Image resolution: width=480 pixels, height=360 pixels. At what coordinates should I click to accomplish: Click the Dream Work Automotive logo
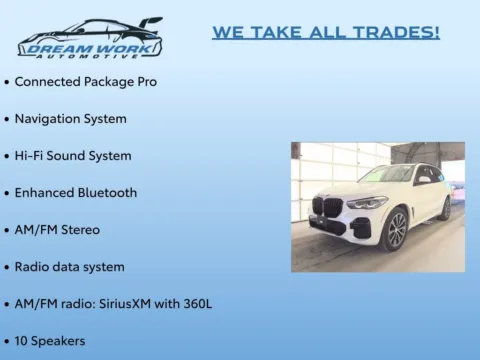[x=89, y=38]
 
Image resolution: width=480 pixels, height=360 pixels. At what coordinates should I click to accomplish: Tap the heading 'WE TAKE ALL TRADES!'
[x=326, y=32]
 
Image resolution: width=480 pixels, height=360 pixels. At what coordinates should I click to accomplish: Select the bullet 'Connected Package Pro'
[x=85, y=81]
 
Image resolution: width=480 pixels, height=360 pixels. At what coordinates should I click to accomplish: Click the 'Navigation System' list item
[x=70, y=118]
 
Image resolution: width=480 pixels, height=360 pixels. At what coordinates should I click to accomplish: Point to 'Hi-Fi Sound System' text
[x=73, y=155]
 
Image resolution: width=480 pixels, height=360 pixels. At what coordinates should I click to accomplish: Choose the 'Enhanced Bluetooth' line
[x=76, y=192]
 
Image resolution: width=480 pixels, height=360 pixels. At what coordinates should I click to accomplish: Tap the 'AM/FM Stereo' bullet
[x=57, y=229]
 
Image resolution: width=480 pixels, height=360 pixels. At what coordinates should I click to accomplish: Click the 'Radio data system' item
[x=69, y=266]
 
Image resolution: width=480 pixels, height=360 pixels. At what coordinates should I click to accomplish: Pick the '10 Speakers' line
[x=50, y=340]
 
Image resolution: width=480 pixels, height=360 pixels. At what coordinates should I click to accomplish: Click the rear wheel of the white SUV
[x=444, y=208]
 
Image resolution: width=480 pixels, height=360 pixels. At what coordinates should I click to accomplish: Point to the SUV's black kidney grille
[x=326, y=207]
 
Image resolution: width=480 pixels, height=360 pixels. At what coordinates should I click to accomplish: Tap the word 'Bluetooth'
[x=106, y=192]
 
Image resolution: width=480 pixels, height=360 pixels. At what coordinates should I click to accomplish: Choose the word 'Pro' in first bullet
[x=144, y=81]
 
